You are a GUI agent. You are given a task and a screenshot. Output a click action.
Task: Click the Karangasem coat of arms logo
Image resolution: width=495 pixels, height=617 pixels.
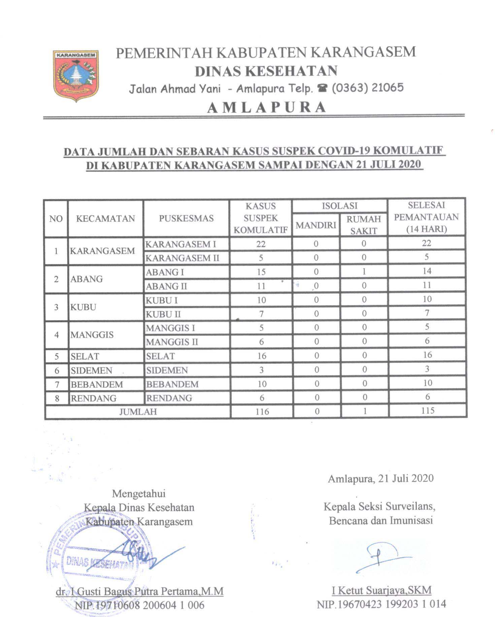76,75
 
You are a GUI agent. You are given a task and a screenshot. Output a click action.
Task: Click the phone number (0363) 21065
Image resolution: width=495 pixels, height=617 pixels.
367,88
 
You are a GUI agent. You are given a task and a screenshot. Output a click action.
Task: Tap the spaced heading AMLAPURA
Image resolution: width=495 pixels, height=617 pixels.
266,107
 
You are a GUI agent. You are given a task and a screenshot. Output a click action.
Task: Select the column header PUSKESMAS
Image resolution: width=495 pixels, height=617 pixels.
186,218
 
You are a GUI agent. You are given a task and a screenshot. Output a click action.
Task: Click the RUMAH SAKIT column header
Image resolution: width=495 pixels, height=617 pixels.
363,224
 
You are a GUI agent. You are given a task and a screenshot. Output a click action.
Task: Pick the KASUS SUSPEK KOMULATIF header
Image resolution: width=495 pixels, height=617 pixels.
261,218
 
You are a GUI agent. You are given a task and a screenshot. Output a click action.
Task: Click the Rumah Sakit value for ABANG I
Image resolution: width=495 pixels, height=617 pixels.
364,271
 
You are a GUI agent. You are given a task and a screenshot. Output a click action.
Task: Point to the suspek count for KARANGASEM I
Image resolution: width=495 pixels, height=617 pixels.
261,244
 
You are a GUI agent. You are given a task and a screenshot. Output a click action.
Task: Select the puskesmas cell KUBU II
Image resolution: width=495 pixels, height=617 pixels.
163,314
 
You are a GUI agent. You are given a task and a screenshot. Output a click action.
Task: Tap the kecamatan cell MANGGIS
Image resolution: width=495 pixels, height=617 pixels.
92,335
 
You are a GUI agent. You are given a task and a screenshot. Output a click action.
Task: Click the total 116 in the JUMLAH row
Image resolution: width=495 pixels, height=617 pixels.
262,411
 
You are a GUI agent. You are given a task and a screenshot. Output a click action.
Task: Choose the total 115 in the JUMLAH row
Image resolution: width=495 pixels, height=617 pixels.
427,410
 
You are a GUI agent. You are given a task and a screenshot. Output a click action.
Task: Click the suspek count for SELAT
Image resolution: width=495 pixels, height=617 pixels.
262,356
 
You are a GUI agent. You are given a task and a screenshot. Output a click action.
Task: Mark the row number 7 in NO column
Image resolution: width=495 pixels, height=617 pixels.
57,384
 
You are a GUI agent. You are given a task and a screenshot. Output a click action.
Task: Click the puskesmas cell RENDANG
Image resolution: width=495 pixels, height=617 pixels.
169,398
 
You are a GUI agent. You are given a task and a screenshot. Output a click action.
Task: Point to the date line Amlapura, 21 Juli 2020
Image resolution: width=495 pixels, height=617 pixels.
381,478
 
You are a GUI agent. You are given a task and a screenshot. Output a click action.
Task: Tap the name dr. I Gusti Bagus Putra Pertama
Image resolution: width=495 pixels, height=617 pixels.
140,591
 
